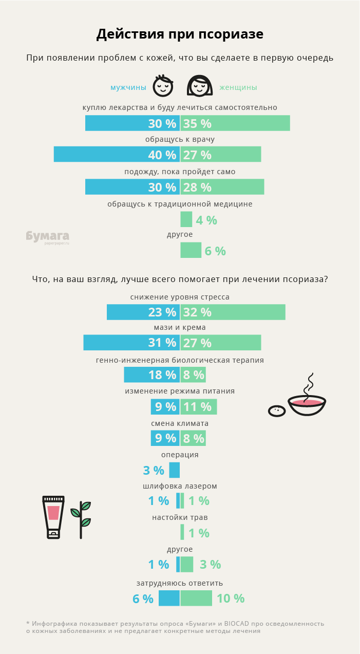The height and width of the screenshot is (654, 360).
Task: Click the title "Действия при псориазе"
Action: pyautogui.click(x=180, y=34)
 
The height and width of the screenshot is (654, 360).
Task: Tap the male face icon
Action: pyautogui.click(x=163, y=86)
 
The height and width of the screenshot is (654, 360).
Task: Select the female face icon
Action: pyautogui.click(x=199, y=86)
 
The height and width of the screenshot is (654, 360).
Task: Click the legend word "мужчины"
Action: pyautogui.click(x=128, y=88)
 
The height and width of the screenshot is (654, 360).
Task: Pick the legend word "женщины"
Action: pyautogui.click(x=238, y=88)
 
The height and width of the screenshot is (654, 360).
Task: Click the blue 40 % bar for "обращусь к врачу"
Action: pyautogui.click(x=117, y=154)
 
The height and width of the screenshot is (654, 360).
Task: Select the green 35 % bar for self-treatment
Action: pyautogui.click(x=235, y=123)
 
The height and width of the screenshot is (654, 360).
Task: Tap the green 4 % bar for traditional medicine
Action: pyautogui.click(x=186, y=219)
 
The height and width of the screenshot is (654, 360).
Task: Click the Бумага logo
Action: pyautogui.click(x=48, y=237)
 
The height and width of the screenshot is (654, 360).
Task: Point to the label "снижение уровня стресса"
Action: pyautogui.click(x=180, y=297)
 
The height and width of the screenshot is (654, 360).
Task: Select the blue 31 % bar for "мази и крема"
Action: pyautogui.click(x=131, y=343)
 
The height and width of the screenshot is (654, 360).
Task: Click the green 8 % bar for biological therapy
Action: pyautogui.click(x=193, y=375)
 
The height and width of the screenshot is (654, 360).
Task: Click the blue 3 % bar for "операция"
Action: pyautogui.click(x=175, y=470)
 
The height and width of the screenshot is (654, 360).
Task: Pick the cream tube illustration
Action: pyautogui.click(x=53, y=517)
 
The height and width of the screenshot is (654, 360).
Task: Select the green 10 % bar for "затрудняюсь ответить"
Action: pyautogui.click(x=196, y=598)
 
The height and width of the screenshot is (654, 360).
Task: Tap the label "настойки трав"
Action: pyautogui.click(x=180, y=518)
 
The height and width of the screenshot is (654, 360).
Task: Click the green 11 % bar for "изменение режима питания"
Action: pyautogui.click(x=199, y=406)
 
